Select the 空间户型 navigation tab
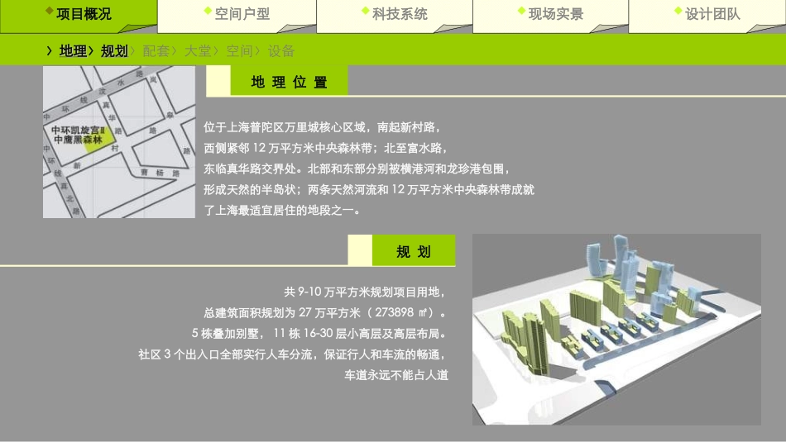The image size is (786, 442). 242,14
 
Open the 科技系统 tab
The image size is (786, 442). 400,14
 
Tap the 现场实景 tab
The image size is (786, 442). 555,14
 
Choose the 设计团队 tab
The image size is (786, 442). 712,14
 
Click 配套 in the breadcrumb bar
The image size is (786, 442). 156,51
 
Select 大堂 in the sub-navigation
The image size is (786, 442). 198,51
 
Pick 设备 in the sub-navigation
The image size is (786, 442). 281,51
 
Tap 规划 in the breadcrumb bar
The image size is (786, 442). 114,51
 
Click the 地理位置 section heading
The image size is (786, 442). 289,82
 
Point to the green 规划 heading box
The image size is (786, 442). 414,251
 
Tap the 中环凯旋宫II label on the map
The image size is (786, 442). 78,131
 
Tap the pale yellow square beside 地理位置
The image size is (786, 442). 218,81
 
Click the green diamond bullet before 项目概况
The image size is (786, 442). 50,12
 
